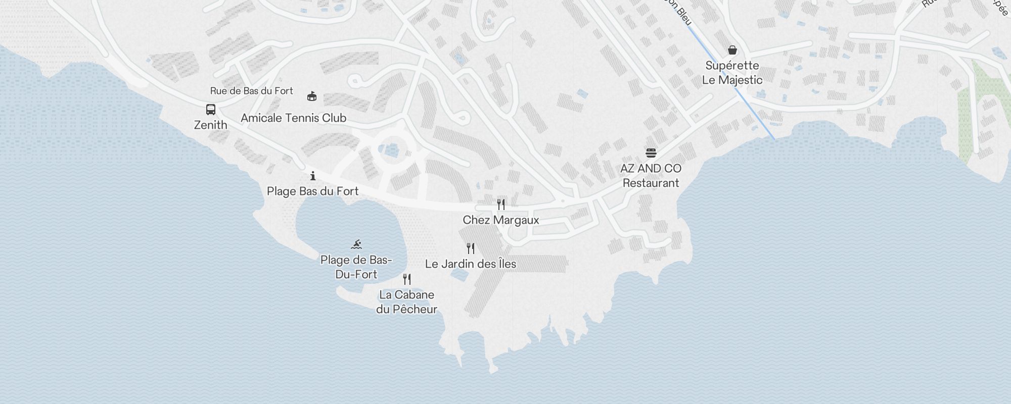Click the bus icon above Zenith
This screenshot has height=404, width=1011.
coord(211,110)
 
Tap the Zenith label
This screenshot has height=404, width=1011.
coord(211,125)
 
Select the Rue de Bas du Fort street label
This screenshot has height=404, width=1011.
coord(251,91)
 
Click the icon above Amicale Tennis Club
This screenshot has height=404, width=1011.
coord(312,96)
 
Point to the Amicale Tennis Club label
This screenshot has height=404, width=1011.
coord(293,118)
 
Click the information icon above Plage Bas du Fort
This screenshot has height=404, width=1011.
coord(313,176)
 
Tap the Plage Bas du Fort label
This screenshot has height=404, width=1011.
coord(312,191)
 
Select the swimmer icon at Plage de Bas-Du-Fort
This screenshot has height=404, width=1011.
coord(356,244)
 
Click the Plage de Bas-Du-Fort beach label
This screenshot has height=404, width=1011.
coord(356,267)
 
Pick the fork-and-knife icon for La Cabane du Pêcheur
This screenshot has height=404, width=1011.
coord(407,279)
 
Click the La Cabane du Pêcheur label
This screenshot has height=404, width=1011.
coord(406,301)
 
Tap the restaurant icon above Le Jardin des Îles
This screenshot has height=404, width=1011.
coord(471,248)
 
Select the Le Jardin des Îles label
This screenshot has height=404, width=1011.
coord(471,264)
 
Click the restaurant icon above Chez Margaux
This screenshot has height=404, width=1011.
coord(501,204)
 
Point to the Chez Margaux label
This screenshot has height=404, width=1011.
coord(501,220)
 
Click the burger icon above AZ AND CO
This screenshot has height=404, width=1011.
coord(651,153)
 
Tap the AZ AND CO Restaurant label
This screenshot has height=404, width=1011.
coord(651,175)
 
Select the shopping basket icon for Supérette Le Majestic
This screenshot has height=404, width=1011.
coord(732,50)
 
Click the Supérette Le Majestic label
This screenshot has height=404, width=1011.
coord(732,72)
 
